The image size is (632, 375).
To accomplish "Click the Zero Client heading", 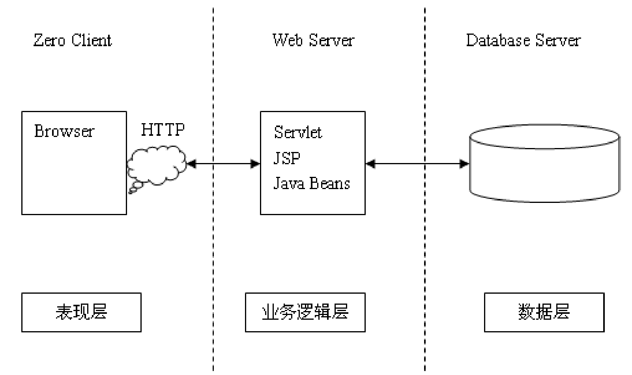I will pos(73,40).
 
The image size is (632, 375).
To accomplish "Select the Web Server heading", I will pos(314,40).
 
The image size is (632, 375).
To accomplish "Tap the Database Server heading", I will pos(523,40).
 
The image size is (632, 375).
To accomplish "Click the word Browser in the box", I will pos(64,131).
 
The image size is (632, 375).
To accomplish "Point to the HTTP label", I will pos(163,129).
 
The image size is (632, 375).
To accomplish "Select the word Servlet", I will pos(298,132).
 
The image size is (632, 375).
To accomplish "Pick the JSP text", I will pos(287,158).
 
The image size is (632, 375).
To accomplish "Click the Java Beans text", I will pos(312,184).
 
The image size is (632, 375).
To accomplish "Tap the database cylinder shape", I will pos(544,164).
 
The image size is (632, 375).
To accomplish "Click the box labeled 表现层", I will pos(81,312).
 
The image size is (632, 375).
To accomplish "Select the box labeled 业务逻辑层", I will pos(305,312).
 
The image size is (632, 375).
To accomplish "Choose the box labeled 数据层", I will pos(544,312).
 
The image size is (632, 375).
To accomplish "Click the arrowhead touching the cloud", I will pos(191,163).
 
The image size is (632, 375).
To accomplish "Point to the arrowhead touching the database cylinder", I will pos(464,163).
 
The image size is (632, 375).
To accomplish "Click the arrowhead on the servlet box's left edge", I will pos(255,163).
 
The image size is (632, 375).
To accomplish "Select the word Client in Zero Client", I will pos(92,40).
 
